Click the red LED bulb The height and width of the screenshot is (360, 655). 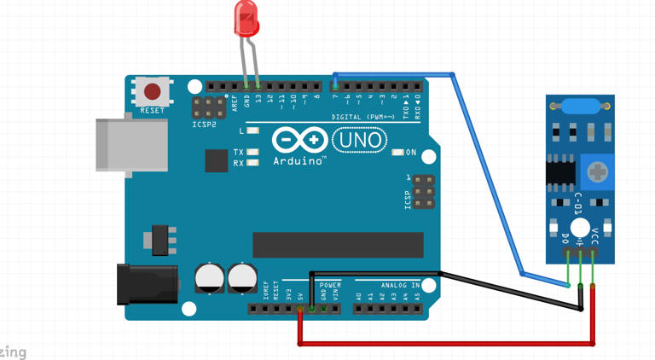click(246, 19)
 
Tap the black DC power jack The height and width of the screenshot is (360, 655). click(147, 284)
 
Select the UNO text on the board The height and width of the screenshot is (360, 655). click(359, 140)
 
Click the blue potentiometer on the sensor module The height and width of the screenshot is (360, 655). click(598, 173)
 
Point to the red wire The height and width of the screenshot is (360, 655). click(443, 344)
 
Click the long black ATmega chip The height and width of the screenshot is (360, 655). click(338, 245)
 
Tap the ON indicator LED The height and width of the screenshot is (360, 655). click(398, 153)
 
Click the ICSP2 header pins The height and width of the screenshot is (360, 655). click(208, 108)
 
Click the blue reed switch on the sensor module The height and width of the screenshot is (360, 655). click(580, 106)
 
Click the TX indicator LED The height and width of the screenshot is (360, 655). click(252, 153)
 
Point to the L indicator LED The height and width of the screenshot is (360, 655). click(252, 131)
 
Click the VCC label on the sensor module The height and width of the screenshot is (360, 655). click(594, 236)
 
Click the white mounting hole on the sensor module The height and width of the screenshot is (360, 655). click(581, 228)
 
